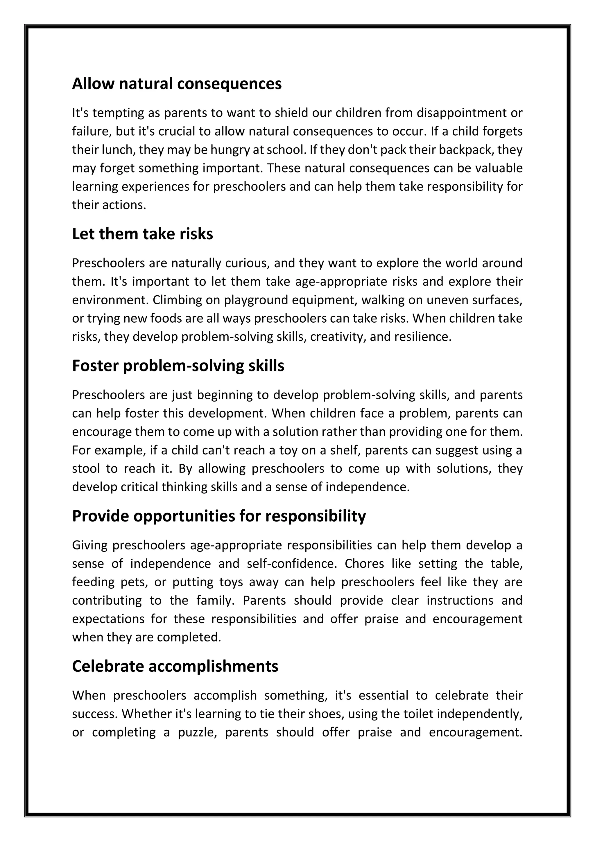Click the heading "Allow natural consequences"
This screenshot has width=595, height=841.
tap(177, 84)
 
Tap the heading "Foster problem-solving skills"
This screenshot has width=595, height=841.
tap(178, 366)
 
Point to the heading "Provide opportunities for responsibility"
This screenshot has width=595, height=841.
tap(219, 516)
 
